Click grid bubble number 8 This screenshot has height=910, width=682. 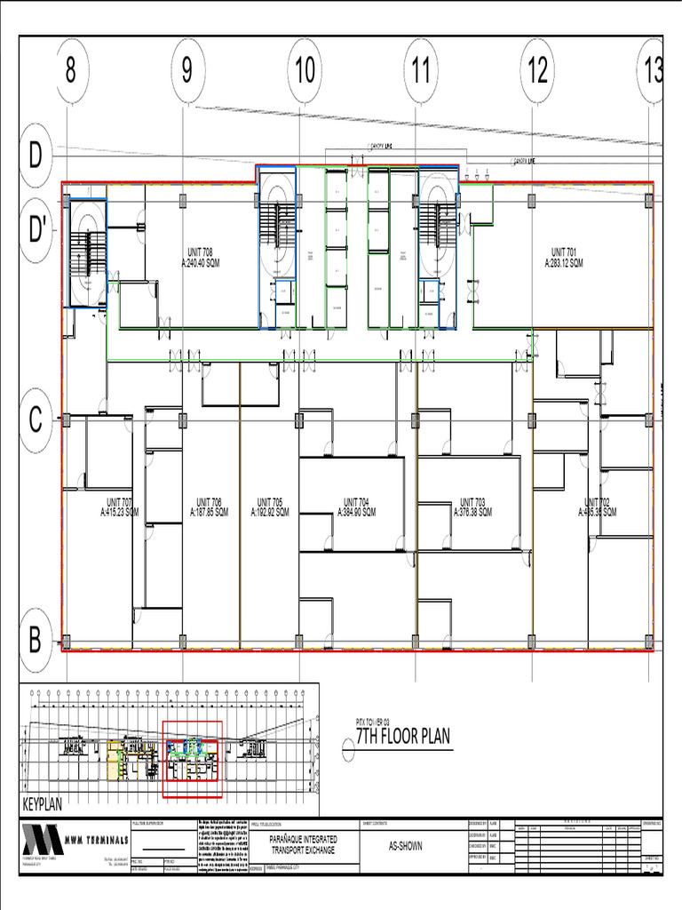coord(70,71)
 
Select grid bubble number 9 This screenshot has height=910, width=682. coord(186,71)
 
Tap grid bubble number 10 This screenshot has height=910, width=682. coord(305,71)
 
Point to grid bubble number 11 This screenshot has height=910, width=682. coord(421,71)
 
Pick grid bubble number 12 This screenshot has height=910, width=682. coord(537,71)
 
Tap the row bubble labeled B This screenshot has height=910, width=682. coord(36,639)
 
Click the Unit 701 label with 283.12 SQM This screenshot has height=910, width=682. coord(564,258)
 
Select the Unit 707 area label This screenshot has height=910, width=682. coord(119,507)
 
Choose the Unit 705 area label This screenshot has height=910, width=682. coord(270,507)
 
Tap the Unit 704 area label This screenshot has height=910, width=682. coord(356,507)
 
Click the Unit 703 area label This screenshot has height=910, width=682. coord(472,507)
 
